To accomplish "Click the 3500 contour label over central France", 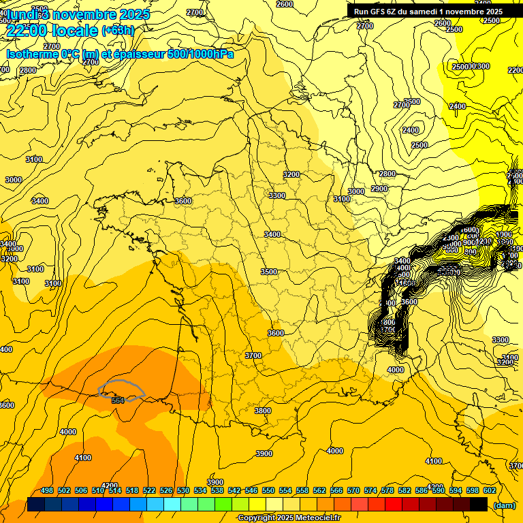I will (x=269, y=272).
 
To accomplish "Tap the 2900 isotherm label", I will (x=379, y=189).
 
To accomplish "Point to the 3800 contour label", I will (x=263, y=411).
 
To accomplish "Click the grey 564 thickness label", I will (x=118, y=400).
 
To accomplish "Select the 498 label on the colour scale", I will (x=47, y=490).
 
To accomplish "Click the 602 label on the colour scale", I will (x=490, y=490).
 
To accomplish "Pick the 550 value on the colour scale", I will (x=268, y=490).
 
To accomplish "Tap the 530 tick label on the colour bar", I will (x=183, y=490).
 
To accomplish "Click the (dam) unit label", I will (x=504, y=505).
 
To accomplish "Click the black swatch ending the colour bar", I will (x=479, y=505).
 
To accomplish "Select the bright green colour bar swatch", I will (x=223, y=505).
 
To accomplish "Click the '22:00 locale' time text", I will (x=52, y=31).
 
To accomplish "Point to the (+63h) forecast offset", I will (x=118, y=31).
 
